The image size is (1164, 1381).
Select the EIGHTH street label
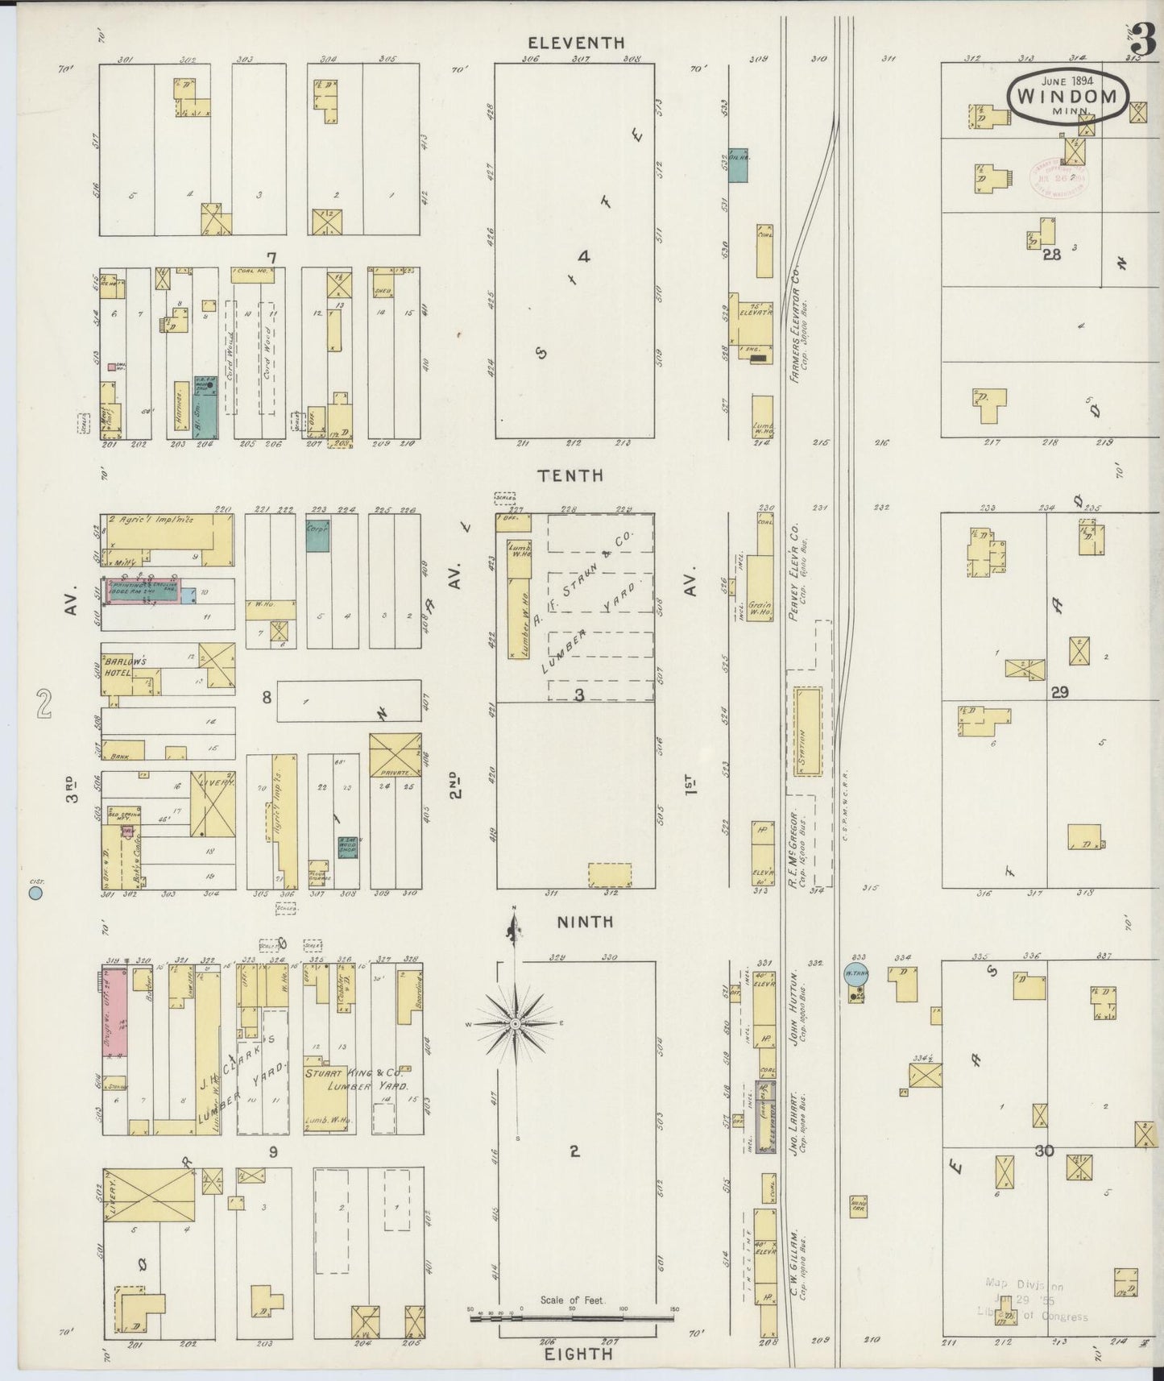[578, 1354]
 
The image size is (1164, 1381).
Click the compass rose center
[515, 1023]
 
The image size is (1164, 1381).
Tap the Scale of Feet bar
[572, 1318]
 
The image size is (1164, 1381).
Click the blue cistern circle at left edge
[35, 892]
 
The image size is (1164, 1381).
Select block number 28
[1051, 255]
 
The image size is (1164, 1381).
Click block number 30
[1044, 1151]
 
